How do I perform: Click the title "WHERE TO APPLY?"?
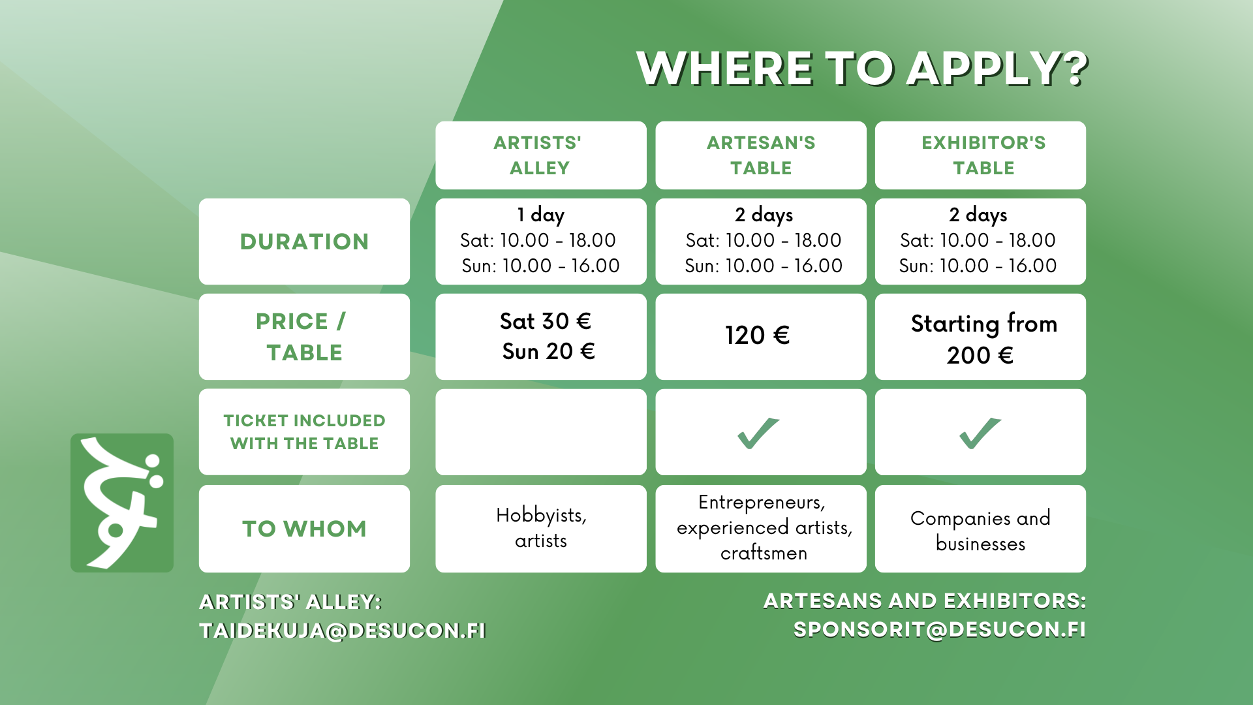[862, 69]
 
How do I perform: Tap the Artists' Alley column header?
[540, 155]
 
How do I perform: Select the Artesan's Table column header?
[761, 155]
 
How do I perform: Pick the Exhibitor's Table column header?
[980, 155]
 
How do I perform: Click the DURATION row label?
[304, 242]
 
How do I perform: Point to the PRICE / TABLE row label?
[304, 337]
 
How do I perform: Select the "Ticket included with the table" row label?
[304, 432]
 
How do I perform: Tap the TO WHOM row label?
[304, 529]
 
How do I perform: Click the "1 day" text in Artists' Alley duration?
[540, 215]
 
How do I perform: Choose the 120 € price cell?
[761, 337]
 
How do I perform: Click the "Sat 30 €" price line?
[546, 321]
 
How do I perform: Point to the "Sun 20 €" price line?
[548, 351]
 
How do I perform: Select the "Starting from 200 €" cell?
[980, 337]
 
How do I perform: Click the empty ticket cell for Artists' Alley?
[540, 432]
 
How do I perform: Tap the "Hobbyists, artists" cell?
[540, 529]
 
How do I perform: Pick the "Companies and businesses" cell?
[980, 529]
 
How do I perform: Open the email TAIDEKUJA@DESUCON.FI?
[343, 631]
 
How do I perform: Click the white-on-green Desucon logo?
[122, 503]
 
